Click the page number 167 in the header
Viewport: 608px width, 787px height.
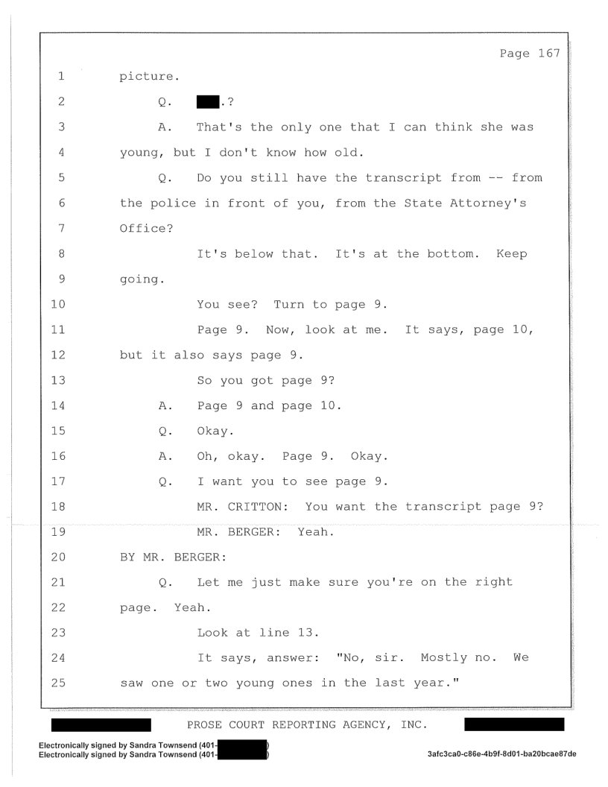click(x=549, y=53)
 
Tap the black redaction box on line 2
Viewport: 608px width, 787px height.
click(x=208, y=102)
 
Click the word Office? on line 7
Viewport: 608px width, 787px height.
click(x=147, y=228)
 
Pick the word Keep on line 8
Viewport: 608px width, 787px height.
click(x=512, y=253)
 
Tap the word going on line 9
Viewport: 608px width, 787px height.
click(x=139, y=279)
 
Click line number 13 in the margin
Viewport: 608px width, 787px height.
click(x=58, y=380)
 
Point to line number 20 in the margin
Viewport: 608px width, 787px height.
click(x=58, y=557)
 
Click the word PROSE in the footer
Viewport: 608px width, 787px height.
click(x=204, y=724)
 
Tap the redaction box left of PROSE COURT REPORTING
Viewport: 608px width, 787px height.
click(x=101, y=724)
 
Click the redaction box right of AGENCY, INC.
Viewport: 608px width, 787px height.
click(x=514, y=724)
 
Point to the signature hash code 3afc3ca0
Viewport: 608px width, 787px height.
click(x=501, y=754)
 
